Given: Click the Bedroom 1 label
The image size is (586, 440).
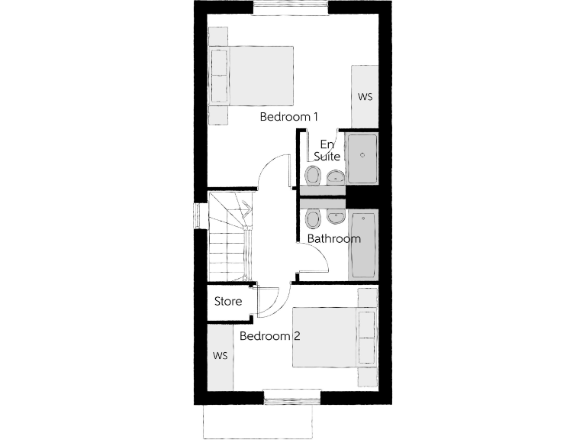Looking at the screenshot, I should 288,117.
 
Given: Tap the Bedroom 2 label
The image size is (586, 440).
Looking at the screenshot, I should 265,336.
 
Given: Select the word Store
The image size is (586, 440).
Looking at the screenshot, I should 228,302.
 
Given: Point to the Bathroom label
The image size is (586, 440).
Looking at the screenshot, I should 333,239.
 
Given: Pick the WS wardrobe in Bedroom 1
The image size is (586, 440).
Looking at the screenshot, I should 365,97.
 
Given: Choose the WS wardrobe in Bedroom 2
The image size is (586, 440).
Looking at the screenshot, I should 221,357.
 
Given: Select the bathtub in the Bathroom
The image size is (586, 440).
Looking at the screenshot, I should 362,244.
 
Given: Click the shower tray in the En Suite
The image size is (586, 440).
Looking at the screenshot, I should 361,157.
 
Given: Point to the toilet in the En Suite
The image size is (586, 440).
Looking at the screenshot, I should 314,176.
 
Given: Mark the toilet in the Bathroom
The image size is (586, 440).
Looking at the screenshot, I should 313,220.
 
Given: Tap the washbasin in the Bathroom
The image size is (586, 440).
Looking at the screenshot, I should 335,216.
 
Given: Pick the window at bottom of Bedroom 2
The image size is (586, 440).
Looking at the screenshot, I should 292,397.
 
